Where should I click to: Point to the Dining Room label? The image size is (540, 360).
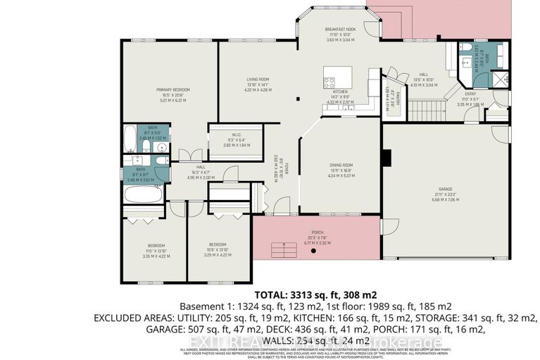[x=341, y=167]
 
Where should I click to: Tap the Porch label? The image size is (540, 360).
[x=316, y=233]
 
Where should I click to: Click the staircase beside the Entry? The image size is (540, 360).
[x=425, y=110]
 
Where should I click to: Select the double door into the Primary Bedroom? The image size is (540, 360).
[x=188, y=154]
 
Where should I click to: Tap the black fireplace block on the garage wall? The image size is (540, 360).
[x=386, y=157]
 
